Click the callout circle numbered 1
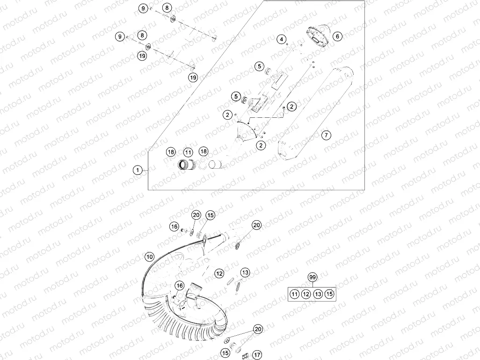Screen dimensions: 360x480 coord(137,170)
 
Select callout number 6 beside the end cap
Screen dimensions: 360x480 coord(338,36)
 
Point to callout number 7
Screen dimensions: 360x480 coord(326,135)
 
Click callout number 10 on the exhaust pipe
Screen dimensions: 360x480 coord(149,257)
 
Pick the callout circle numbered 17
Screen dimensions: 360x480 coord(257,355)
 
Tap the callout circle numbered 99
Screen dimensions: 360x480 coord(312,278)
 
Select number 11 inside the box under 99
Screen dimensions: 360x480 coord(294,294)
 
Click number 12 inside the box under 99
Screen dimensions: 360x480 coord(305,294)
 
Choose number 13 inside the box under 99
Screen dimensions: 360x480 coord(318,294)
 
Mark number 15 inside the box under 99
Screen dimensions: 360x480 coord(330,294)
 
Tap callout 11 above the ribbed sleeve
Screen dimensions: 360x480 coord(188,152)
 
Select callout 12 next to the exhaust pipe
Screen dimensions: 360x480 coord(219,273)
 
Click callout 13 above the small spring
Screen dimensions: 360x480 coord(246,272)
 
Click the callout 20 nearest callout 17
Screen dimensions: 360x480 coord(258,329)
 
